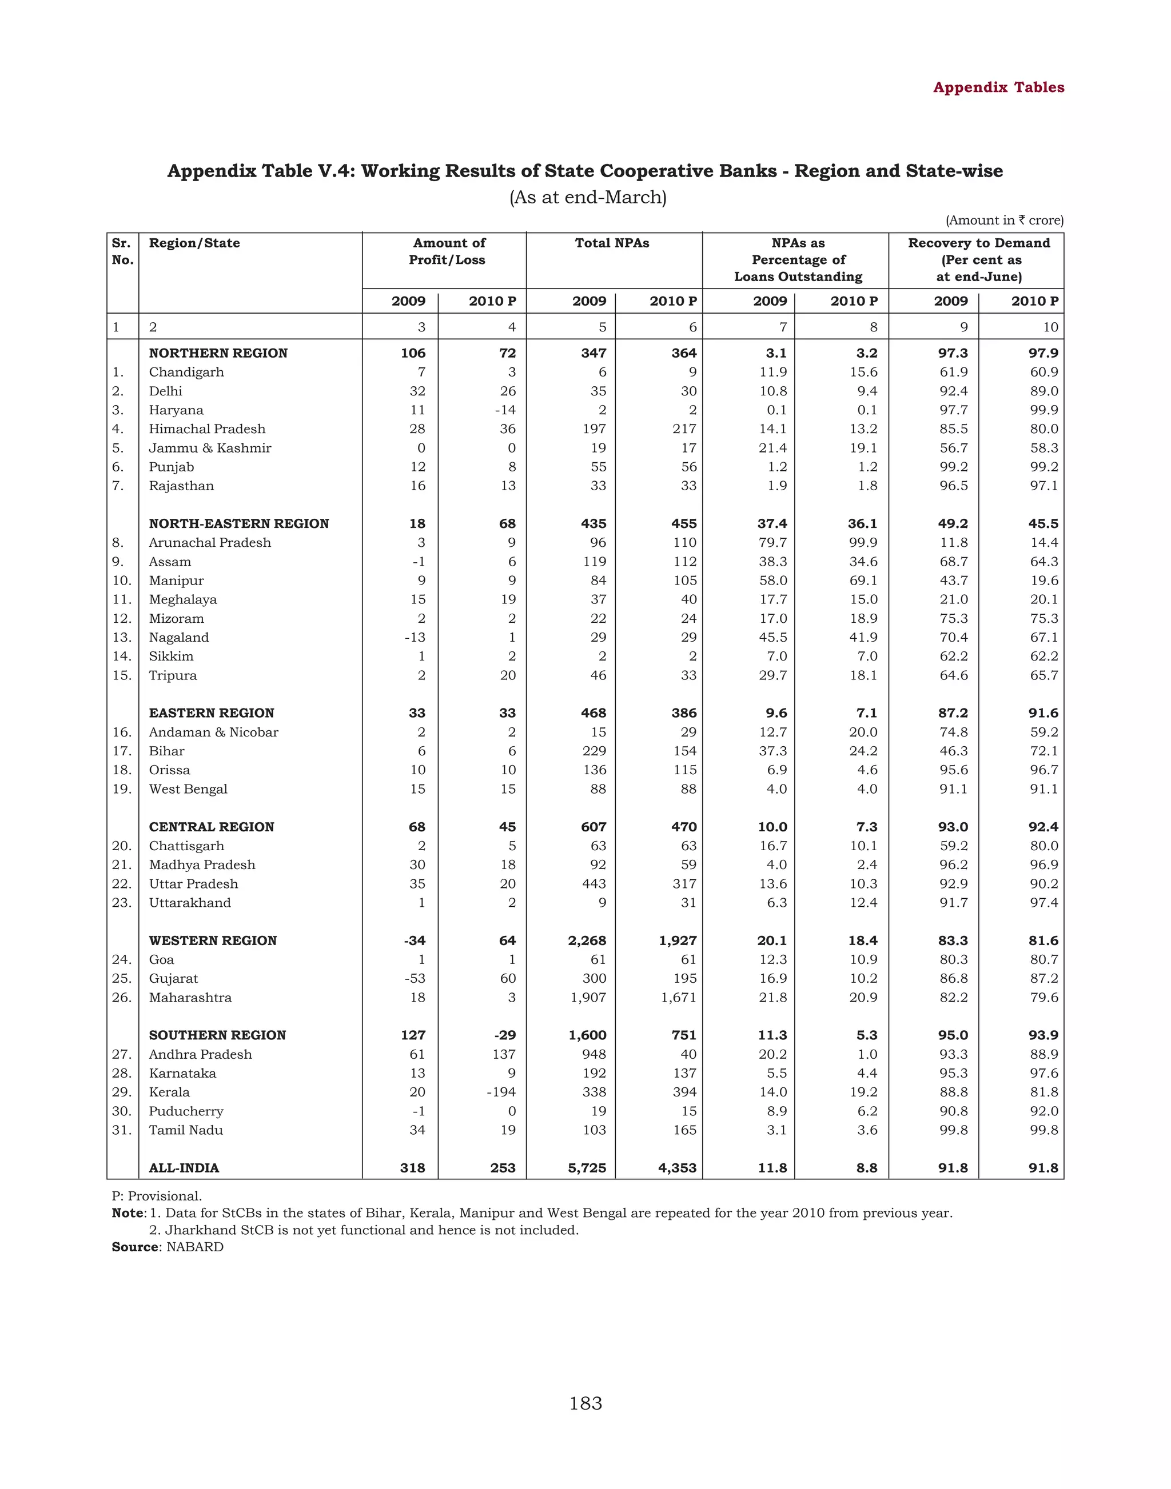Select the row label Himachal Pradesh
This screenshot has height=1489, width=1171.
pos(207,429)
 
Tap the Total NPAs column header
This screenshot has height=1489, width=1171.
pos(612,243)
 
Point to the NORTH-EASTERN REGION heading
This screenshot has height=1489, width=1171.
pos(238,523)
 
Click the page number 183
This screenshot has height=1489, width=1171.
pos(585,1404)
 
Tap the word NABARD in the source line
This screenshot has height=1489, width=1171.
pos(195,1247)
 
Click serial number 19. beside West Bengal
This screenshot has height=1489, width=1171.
pos(121,790)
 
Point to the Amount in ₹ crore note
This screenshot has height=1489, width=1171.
pos(1005,221)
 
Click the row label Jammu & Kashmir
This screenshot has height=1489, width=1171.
pos(210,448)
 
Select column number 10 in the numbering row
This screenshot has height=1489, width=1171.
pos(1050,327)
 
